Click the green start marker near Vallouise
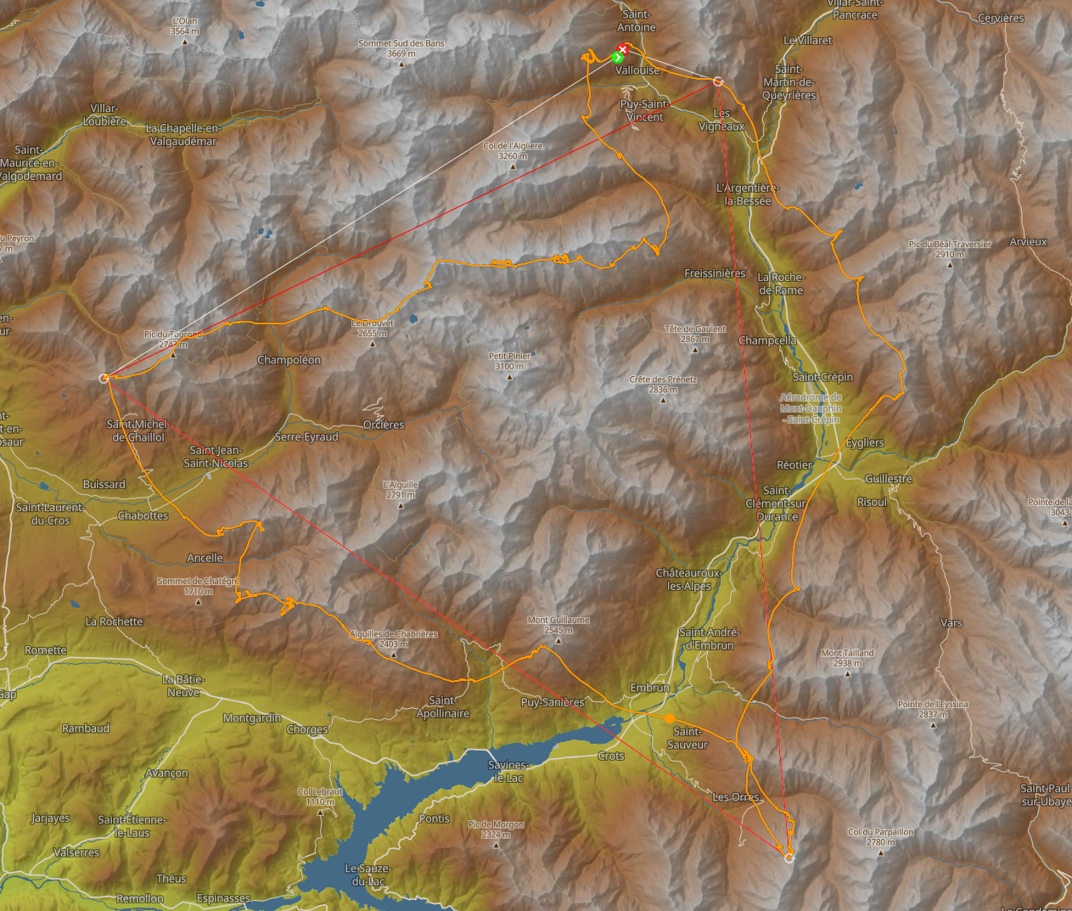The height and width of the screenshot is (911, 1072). [x=617, y=58]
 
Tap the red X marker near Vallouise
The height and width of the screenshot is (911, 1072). [x=622, y=50]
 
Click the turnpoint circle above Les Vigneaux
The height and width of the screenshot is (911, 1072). [x=717, y=82]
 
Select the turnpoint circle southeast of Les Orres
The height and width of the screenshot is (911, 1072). [x=789, y=858]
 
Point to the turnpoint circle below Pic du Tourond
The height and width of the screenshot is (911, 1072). [x=104, y=378]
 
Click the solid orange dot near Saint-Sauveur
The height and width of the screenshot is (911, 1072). [x=670, y=718]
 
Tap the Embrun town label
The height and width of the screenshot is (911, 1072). [x=649, y=688]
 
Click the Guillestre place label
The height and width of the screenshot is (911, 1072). [x=888, y=479]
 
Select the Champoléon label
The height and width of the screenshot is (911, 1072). [x=289, y=360]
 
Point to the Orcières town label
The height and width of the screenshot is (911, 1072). [x=384, y=425]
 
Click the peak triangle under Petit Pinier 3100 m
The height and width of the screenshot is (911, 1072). [x=509, y=377]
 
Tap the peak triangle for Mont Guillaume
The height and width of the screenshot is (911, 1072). [x=558, y=641]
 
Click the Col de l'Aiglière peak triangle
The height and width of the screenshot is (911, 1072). [x=513, y=166]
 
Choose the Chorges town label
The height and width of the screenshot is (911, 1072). [x=306, y=729]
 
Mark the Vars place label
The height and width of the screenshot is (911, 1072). [x=951, y=622]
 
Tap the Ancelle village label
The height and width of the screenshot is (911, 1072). [x=205, y=558]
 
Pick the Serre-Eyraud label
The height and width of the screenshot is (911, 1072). [x=306, y=437]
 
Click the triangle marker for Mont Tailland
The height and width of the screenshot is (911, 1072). [x=847, y=674]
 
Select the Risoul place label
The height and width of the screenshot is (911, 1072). [x=872, y=502]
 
